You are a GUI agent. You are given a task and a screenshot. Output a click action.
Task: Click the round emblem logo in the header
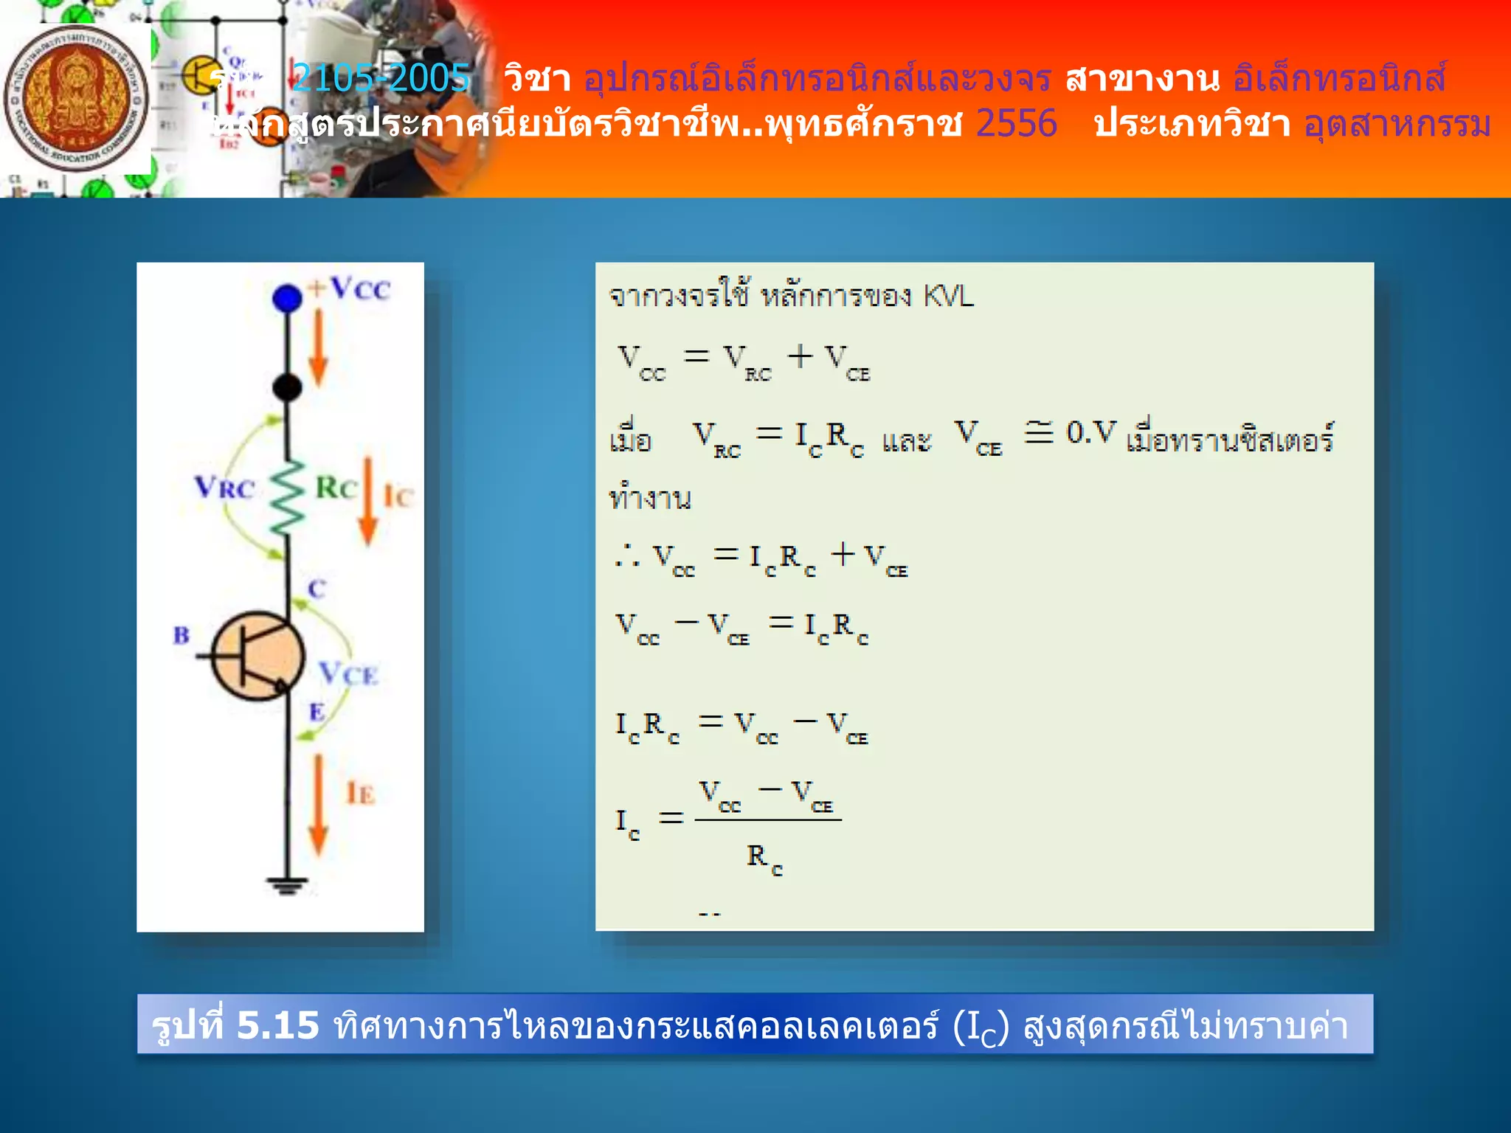pyautogui.click(x=76, y=100)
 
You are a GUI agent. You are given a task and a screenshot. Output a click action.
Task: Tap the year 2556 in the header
pyautogui.click(x=1016, y=123)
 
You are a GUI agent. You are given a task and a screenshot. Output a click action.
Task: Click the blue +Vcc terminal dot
pyautogui.click(x=287, y=299)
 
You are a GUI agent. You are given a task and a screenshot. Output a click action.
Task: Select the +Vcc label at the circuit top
pyautogui.click(x=350, y=288)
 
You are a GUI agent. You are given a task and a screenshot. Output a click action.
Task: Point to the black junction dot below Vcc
pyautogui.click(x=287, y=387)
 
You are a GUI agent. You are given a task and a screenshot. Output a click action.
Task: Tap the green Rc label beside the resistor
pyautogui.click(x=336, y=488)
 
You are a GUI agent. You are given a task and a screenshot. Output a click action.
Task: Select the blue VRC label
pyautogui.click(x=224, y=488)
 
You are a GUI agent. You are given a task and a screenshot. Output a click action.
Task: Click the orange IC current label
pyautogui.click(x=398, y=497)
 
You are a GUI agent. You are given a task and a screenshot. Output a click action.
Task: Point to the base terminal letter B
pyautogui.click(x=181, y=635)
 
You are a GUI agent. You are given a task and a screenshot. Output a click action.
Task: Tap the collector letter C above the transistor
pyautogui.click(x=317, y=589)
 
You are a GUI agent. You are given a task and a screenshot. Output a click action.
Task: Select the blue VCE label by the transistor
pyautogui.click(x=348, y=673)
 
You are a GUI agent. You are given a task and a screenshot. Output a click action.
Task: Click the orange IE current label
pyautogui.click(x=361, y=794)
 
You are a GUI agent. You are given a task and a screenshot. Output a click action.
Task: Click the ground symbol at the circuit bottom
pyautogui.click(x=287, y=884)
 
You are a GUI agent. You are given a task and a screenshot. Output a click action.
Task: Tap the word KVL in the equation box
pyautogui.click(x=949, y=297)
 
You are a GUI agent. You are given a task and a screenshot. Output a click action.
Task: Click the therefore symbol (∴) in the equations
pyautogui.click(x=627, y=556)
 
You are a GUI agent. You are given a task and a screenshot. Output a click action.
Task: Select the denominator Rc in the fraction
pyautogui.click(x=764, y=859)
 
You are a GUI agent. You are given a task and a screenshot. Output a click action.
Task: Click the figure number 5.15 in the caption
pyautogui.click(x=278, y=1025)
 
